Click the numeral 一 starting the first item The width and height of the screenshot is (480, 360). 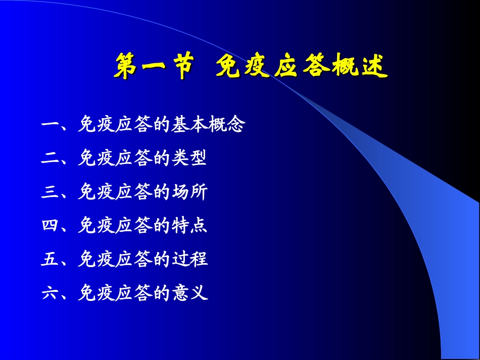[x=50, y=125]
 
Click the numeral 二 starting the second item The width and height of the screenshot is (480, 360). [x=50, y=159]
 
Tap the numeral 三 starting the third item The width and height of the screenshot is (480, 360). [x=50, y=192]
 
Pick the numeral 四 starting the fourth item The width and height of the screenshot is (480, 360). [x=50, y=226]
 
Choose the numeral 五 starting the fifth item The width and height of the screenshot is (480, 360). [x=50, y=260]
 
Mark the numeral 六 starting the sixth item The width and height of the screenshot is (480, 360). [x=50, y=293]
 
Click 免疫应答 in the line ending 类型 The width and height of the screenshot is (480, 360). [x=115, y=159]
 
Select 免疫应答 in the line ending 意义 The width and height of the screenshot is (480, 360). [x=115, y=293]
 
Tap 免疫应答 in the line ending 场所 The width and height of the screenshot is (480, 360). [x=115, y=192]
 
